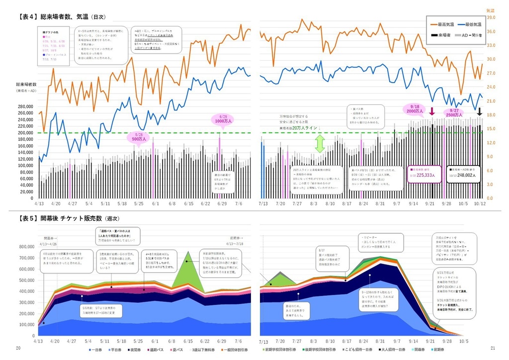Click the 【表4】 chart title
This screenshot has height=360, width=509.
click(x=62, y=17)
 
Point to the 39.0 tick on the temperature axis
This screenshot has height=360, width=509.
click(x=490, y=17)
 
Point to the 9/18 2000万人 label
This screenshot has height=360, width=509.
click(x=415, y=109)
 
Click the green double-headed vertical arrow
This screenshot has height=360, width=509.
click(x=320, y=144)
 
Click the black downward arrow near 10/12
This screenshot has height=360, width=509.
click(x=480, y=111)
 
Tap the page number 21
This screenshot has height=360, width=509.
click(x=493, y=348)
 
